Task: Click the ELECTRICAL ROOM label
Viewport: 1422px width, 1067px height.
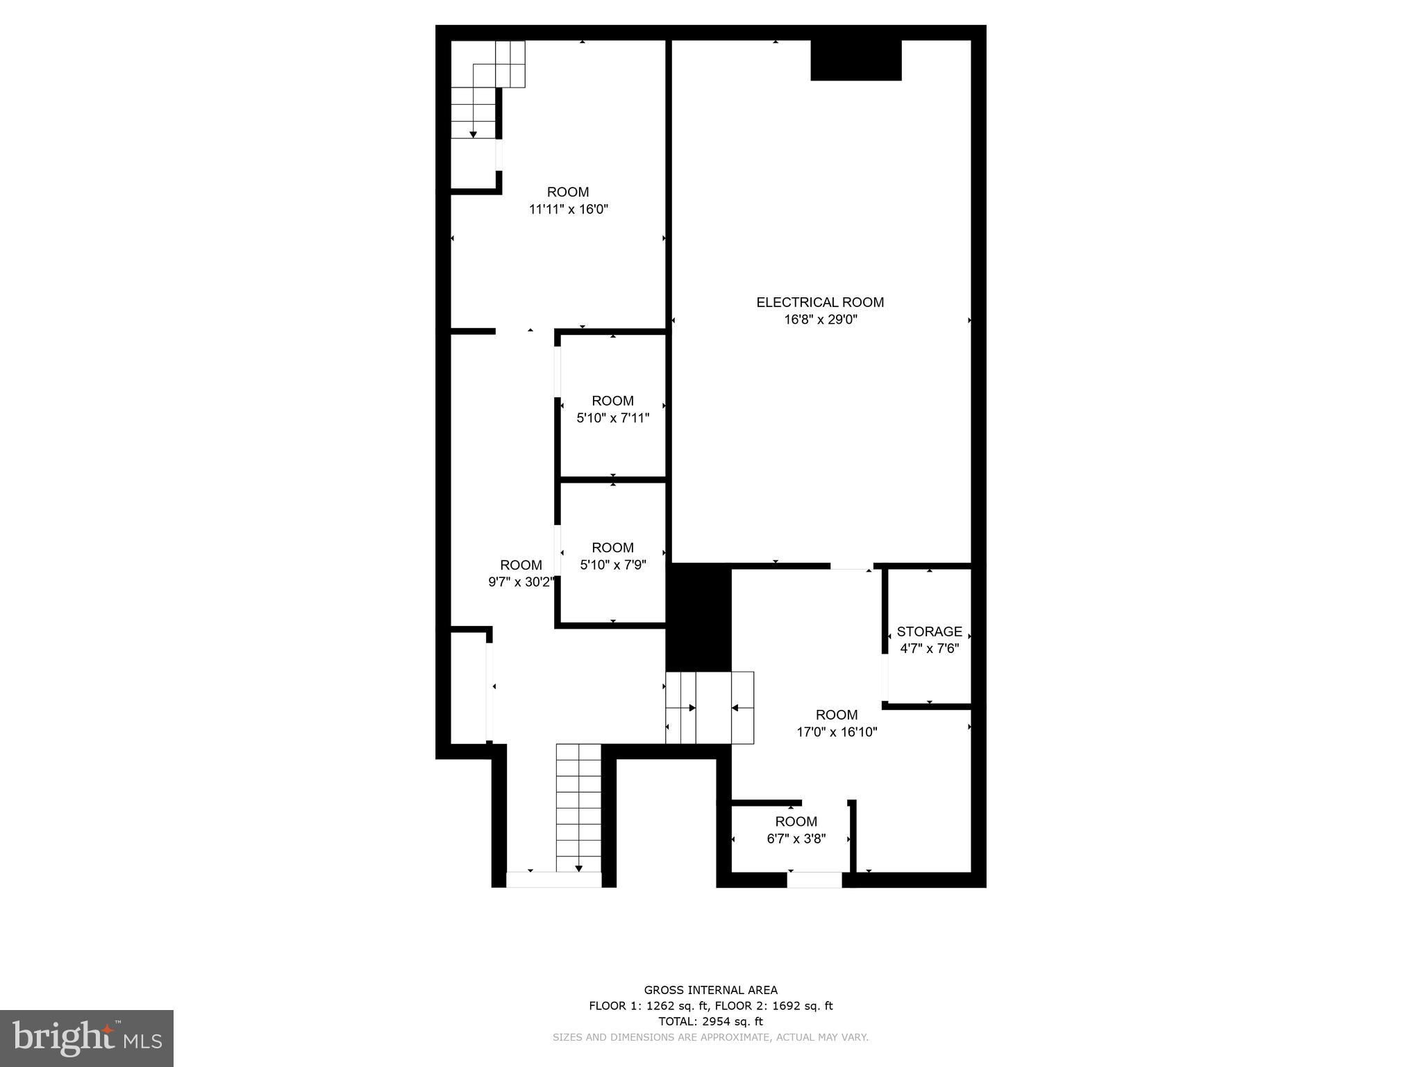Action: point(820,302)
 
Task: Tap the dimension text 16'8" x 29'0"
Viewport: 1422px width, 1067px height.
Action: point(820,320)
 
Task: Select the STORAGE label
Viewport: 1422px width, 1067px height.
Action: point(929,631)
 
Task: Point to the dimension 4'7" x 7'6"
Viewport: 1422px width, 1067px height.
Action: point(929,649)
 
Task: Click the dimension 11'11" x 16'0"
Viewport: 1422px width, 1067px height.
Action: point(569,209)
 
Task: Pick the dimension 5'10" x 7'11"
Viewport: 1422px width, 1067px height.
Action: point(613,418)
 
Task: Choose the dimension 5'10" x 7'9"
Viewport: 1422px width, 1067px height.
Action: point(613,565)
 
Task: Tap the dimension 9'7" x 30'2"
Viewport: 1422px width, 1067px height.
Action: point(521,582)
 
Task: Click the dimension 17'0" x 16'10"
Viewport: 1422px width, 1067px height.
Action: point(837,731)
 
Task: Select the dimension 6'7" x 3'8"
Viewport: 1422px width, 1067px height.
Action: point(796,838)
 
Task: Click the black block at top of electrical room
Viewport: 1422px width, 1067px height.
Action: point(856,60)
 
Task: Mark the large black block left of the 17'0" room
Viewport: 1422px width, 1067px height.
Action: point(699,618)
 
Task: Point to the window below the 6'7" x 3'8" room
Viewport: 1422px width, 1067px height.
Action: point(814,880)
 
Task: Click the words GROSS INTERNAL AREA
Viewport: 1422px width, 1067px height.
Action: point(710,990)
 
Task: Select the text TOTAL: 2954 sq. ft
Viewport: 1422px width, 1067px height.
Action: point(710,1021)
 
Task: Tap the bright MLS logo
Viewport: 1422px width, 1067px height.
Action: point(87,1039)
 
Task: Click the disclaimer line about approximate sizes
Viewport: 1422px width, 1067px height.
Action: point(710,1037)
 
